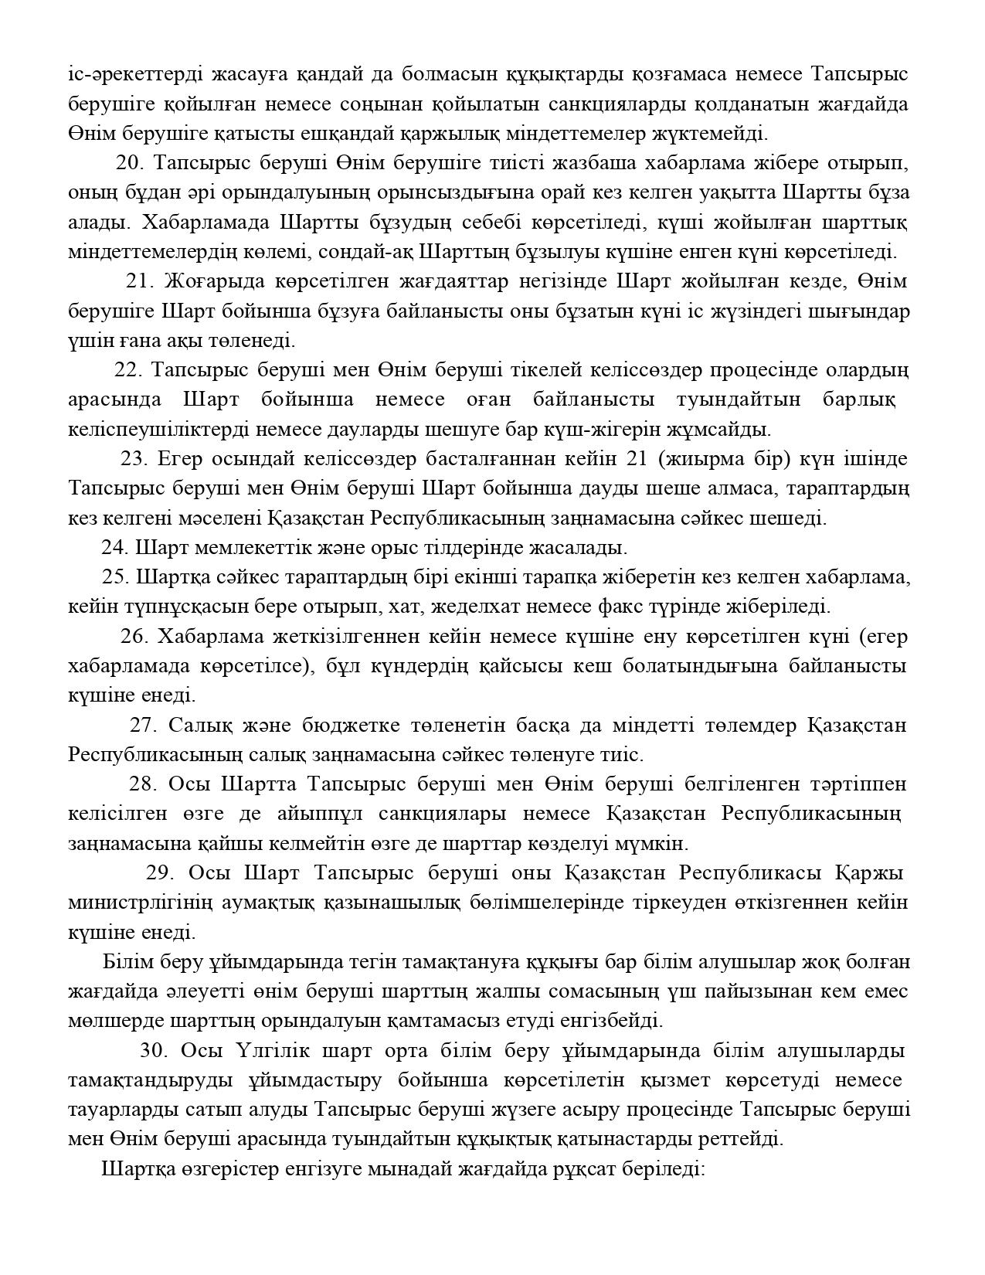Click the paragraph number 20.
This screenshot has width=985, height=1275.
130,163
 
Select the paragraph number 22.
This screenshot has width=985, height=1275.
128,370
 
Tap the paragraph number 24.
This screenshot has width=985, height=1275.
114,548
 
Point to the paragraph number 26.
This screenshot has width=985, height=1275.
134,637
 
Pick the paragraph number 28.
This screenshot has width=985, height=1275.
143,784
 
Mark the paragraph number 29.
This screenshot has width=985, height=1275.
158,873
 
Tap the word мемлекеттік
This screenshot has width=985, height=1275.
230,548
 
